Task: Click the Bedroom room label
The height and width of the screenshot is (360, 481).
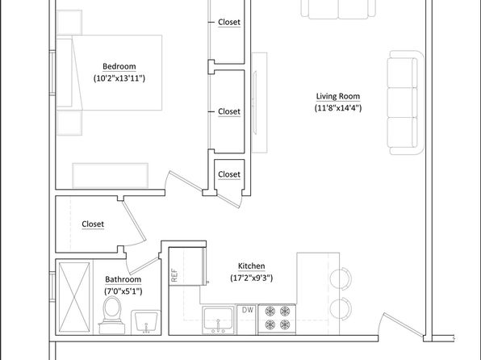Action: pyautogui.click(x=119, y=66)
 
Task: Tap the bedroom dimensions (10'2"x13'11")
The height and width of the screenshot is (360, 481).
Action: pyautogui.click(x=119, y=78)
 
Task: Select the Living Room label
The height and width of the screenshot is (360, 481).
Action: pyautogui.click(x=338, y=96)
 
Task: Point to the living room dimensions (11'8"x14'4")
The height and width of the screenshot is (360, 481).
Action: pyautogui.click(x=338, y=108)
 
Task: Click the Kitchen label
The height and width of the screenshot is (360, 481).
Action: pyautogui.click(x=252, y=266)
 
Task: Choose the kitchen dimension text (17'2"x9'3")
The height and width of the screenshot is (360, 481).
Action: pyautogui.click(x=252, y=278)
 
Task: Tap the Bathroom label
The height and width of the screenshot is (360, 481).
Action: pyautogui.click(x=123, y=279)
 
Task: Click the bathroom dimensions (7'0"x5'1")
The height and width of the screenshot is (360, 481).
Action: pyautogui.click(x=123, y=291)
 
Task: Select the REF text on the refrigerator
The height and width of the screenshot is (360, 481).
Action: pyautogui.click(x=174, y=275)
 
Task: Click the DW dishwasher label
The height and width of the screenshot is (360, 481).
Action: pyautogui.click(x=248, y=310)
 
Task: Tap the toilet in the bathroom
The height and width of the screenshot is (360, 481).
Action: pyautogui.click(x=112, y=315)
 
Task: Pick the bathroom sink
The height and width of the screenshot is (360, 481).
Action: pyautogui.click(x=146, y=322)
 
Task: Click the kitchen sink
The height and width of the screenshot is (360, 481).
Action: pyautogui.click(x=218, y=320)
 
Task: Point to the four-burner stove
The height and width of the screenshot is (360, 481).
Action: pyautogui.click(x=277, y=319)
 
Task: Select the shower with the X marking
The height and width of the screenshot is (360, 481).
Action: pyautogui.click(x=74, y=297)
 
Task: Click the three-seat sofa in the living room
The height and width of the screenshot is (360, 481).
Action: pyautogui.click(x=405, y=103)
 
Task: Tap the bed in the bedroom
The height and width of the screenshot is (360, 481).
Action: pyautogui.click(x=109, y=73)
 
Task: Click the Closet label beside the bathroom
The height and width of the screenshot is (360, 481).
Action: pyautogui.click(x=93, y=224)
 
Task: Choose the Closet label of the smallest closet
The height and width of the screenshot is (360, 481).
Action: pyautogui.click(x=229, y=174)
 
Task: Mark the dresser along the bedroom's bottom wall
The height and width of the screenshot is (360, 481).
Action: pyautogui.click(x=111, y=175)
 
